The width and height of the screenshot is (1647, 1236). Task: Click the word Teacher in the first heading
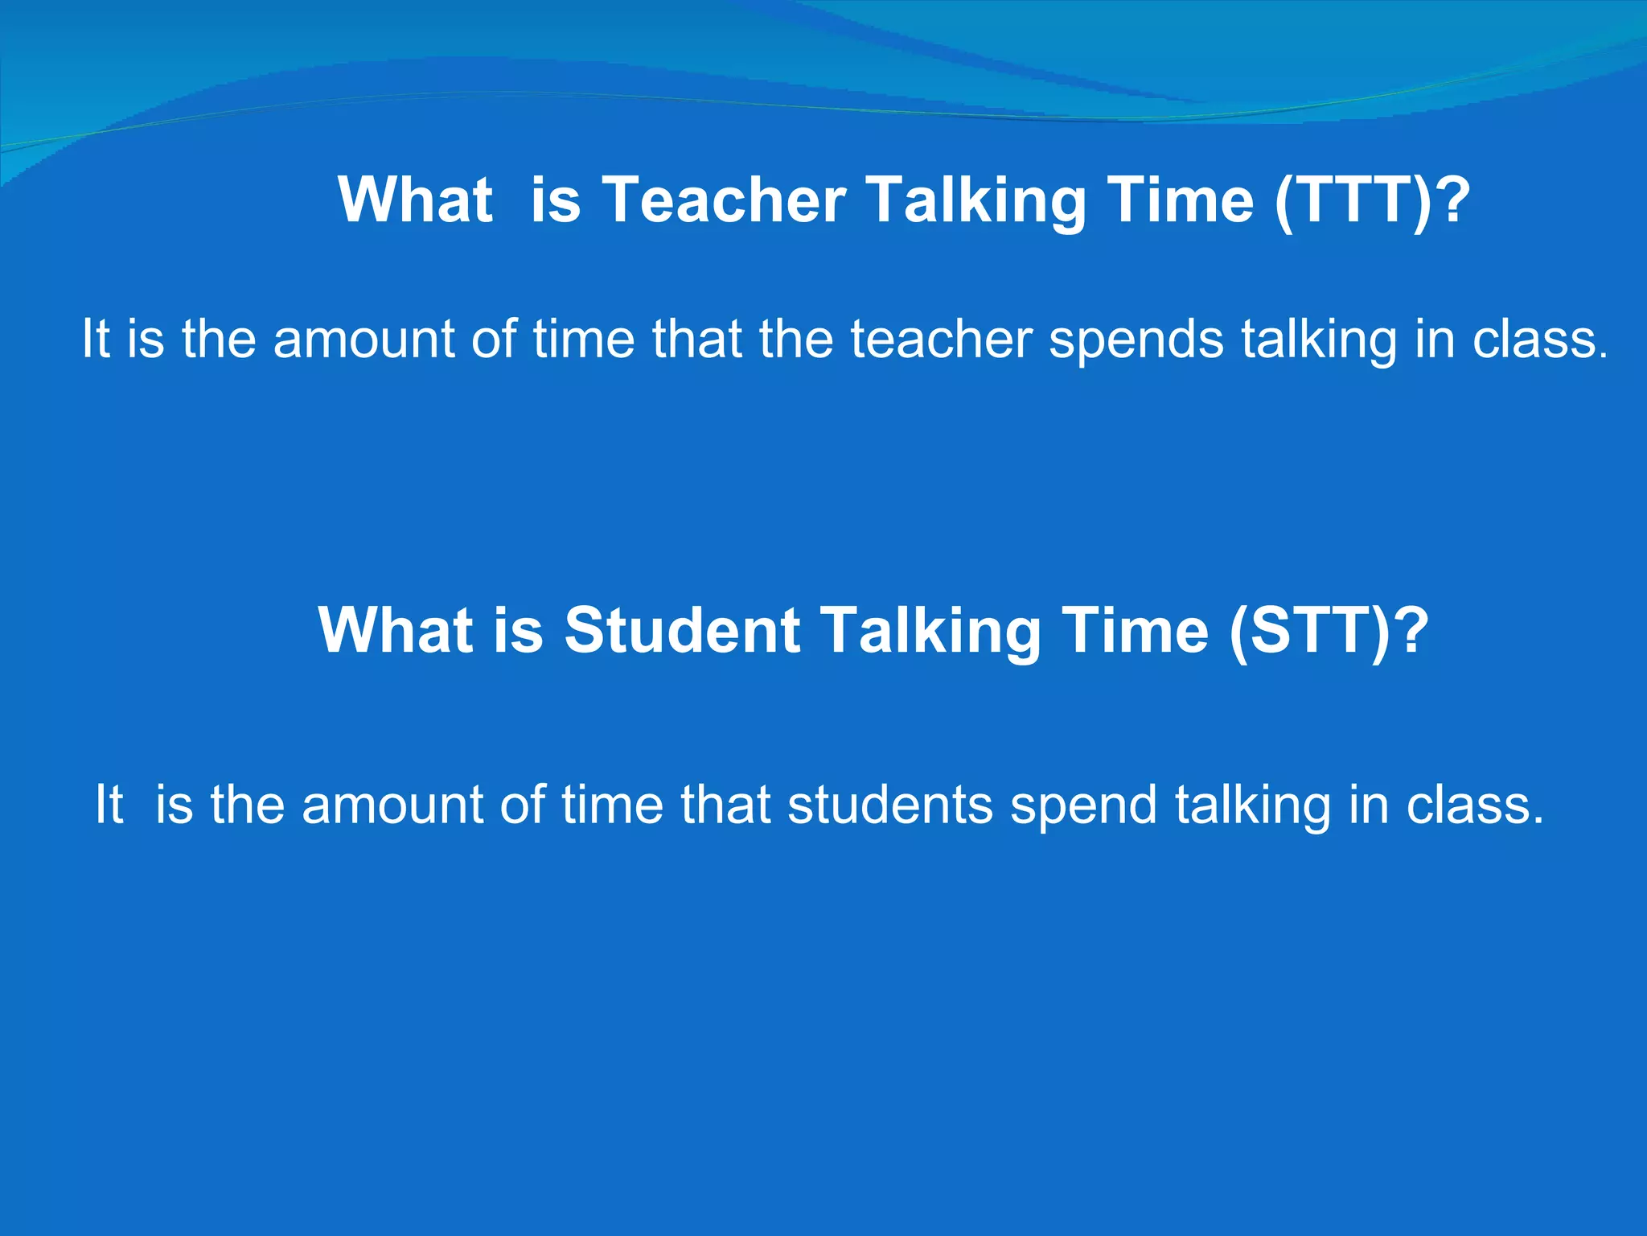[x=724, y=200]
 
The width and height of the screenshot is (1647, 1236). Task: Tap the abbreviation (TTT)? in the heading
[x=1372, y=200]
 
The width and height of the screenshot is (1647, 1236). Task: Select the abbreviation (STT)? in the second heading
[x=1329, y=630]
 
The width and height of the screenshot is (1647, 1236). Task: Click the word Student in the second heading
[x=682, y=630]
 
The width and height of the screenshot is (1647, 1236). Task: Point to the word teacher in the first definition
[x=941, y=339]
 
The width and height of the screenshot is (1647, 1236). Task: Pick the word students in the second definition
[x=889, y=804]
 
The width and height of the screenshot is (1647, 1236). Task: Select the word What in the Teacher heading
[x=415, y=200]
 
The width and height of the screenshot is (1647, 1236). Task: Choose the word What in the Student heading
[x=395, y=630]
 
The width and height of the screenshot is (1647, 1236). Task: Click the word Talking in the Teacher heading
[x=975, y=200]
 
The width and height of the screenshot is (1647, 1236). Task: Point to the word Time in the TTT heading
[x=1180, y=200]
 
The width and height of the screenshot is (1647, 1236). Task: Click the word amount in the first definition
[x=363, y=339]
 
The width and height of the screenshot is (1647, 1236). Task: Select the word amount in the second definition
[x=392, y=804]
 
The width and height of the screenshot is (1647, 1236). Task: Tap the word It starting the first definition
[x=95, y=339]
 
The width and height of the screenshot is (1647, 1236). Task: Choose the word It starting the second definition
[x=109, y=804]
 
